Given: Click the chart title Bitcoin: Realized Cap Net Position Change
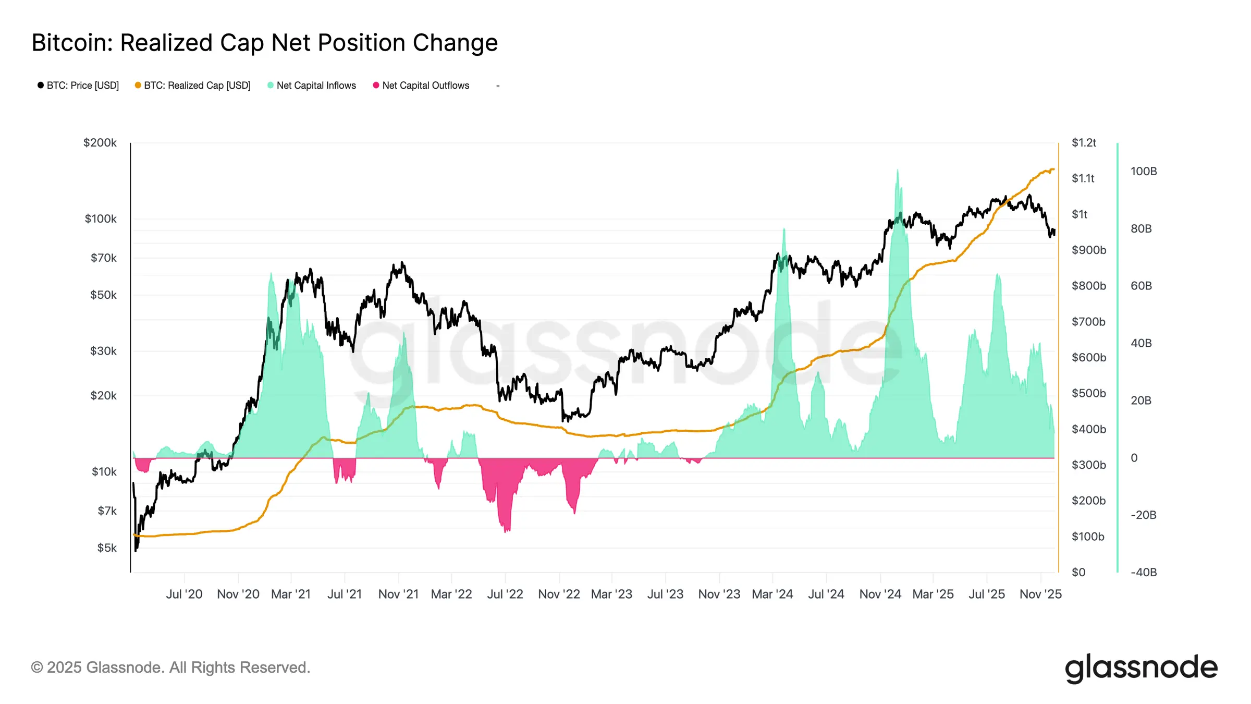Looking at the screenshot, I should [265, 43].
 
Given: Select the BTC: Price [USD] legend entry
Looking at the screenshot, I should [78, 86].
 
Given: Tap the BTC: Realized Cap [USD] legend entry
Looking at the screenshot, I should [193, 86].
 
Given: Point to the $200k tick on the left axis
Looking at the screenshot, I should [100, 143].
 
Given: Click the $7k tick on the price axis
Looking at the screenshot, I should [107, 511].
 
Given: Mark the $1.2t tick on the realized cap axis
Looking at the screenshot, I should [1084, 143].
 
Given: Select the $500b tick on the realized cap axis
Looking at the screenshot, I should [1088, 393].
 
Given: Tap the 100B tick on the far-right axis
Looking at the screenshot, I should [1144, 172].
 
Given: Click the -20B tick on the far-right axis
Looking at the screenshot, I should [1143, 515].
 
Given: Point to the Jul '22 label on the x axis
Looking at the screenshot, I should [505, 594].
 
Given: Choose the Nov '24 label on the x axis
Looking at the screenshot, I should [880, 594].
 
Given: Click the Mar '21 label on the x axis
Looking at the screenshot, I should [291, 594].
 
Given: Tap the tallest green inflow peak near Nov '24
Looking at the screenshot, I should [897, 171].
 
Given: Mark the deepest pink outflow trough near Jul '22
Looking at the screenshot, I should [507, 531].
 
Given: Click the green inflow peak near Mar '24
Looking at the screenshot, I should [783, 230].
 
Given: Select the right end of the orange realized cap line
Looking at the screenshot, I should [1053, 169].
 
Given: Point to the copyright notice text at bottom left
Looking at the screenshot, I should [170, 667].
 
